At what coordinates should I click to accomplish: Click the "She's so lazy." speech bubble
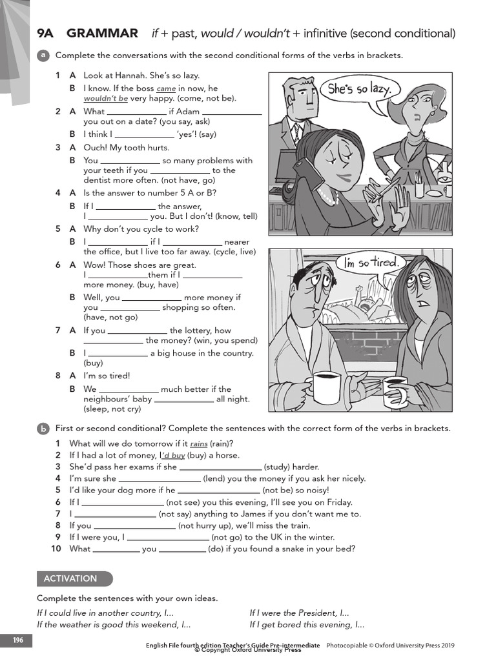[x=359, y=89]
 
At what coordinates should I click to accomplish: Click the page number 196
[x=18, y=640]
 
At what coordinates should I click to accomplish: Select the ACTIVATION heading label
[x=71, y=579]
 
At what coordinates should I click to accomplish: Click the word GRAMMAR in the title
[x=103, y=34]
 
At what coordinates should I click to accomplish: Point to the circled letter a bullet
[x=43, y=56]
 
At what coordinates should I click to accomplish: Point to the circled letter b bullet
[x=43, y=428]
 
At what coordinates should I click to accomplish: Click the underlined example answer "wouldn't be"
[x=105, y=99]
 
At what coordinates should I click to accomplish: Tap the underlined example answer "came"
[x=166, y=88]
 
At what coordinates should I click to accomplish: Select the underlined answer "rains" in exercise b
[x=198, y=444]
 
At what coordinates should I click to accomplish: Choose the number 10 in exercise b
[x=56, y=549]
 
